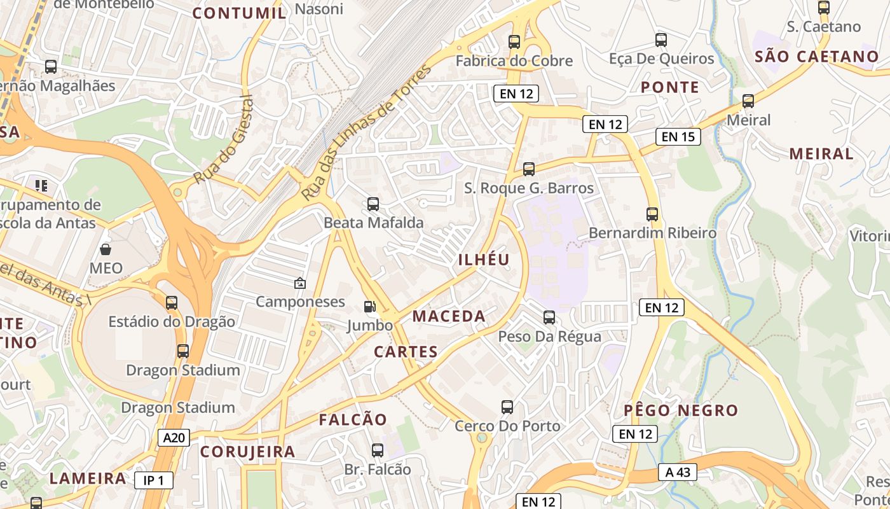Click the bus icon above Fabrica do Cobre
pyautogui.click(x=514, y=43)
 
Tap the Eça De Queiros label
pyautogui.click(x=661, y=59)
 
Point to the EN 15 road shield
pyautogui.click(x=678, y=137)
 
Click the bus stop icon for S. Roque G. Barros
pyautogui.click(x=529, y=169)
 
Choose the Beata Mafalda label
pyautogui.click(x=373, y=223)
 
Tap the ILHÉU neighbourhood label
pyautogui.click(x=484, y=260)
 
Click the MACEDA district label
pyautogui.click(x=449, y=316)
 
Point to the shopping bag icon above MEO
pyautogui.click(x=106, y=249)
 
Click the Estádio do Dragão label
pyautogui.click(x=172, y=321)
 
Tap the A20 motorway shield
pyautogui.click(x=174, y=438)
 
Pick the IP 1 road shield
pyautogui.click(x=154, y=480)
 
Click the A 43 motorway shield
pyautogui.click(x=678, y=472)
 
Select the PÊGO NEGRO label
pyautogui.click(x=681, y=410)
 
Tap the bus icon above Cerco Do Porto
pyautogui.click(x=507, y=407)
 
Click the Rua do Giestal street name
pyautogui.click(x=223, y=140)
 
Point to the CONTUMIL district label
pyautogui.click(x=239, y=13)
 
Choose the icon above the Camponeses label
pyautogui.click(x=299, y=283)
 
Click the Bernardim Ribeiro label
pyautogui.click(x=652, y=233)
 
